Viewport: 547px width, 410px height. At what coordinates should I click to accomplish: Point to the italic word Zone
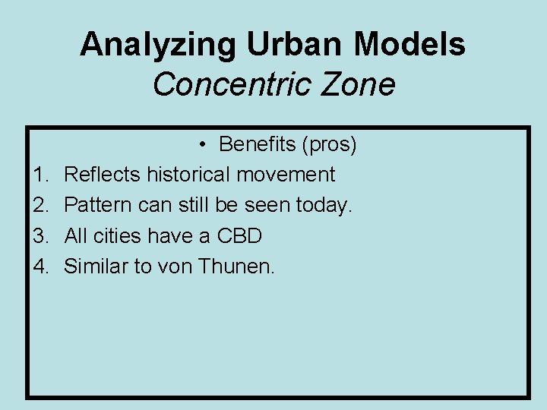click(x=358, y=85)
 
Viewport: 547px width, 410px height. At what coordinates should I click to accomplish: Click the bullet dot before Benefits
click(x=205, y=144)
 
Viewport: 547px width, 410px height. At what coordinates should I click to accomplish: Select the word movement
click(x=286, y=175)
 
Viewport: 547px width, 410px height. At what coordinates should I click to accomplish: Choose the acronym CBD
click(x=239, y=236)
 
